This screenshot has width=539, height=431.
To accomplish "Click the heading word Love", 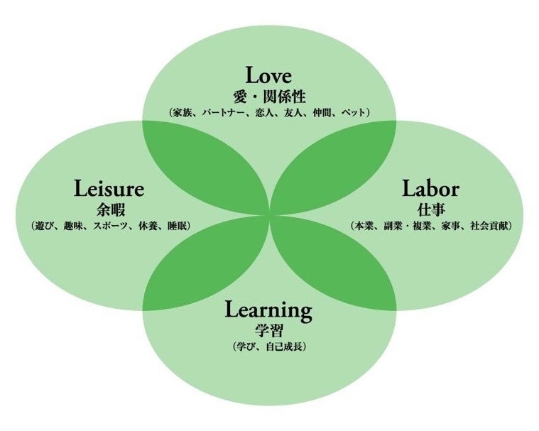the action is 268,76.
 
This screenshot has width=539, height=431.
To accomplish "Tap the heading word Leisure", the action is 109,189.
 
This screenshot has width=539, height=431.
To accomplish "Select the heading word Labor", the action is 430,189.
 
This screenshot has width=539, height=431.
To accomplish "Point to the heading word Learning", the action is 268,310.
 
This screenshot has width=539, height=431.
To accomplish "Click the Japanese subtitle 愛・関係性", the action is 268,96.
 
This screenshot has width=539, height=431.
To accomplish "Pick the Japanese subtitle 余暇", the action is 109,209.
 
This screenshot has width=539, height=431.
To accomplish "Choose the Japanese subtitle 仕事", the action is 430,209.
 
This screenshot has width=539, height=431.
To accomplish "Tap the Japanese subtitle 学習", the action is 268,330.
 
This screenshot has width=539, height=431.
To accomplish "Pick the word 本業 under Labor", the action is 366,226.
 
